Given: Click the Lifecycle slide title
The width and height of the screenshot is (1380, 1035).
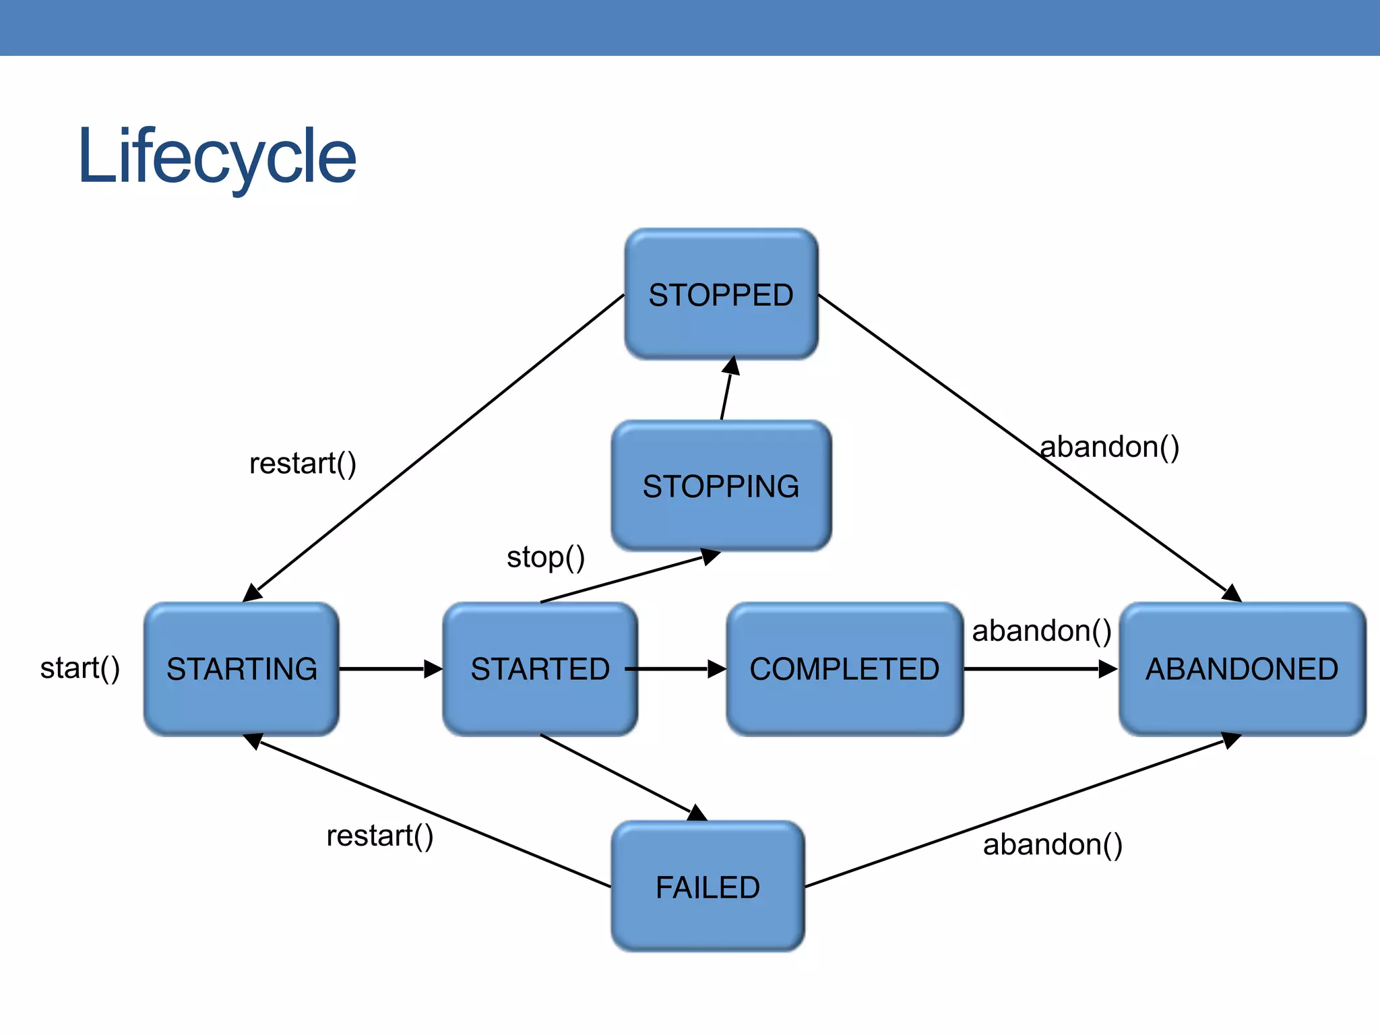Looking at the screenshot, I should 217,158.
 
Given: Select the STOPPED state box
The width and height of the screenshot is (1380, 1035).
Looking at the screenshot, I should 721,294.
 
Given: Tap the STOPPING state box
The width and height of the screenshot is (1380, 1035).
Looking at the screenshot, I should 721,486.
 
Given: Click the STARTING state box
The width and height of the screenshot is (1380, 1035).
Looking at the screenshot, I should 241,669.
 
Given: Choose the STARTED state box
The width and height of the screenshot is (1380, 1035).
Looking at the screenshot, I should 540,669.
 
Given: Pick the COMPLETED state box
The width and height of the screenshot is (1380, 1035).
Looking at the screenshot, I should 844,669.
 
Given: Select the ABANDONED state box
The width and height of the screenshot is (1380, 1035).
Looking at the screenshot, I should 1242,669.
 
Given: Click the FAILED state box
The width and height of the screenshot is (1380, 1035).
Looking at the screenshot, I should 708,887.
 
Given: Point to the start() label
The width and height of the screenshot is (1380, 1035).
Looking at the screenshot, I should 80,668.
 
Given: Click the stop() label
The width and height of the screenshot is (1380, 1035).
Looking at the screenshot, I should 546,557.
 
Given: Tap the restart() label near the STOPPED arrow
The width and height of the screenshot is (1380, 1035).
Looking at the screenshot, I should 303,464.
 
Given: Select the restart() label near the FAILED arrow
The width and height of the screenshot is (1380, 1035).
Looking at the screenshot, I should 380,836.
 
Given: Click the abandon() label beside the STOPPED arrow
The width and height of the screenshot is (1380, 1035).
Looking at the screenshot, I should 1110,447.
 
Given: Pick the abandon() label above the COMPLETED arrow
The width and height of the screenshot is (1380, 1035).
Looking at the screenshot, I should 1042,631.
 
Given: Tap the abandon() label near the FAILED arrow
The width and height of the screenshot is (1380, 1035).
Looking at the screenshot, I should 1053,844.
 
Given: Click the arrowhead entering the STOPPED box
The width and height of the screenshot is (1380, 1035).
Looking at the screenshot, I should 732,366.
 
